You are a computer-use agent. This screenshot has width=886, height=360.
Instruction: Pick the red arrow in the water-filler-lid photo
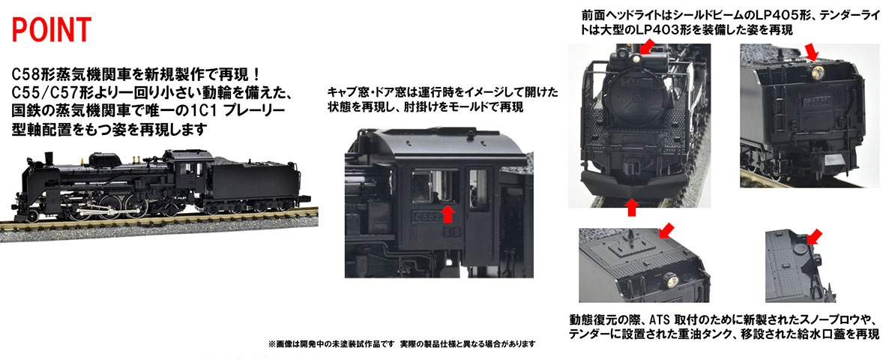[813, 237]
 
